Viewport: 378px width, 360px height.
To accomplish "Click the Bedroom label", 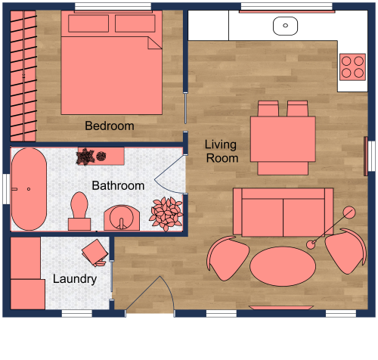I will [x=110, y=126].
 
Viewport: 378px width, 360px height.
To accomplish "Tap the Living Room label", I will [x=222, y=151].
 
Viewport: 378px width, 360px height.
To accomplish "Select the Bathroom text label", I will [x=118, y=185].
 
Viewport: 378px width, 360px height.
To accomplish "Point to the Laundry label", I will [x=75, y=279].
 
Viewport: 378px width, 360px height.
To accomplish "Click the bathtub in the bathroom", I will [x=29, y=190].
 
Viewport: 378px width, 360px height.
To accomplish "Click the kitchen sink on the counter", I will [x=286, y=25].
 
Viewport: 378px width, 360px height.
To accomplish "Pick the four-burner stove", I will [x=352, y=67].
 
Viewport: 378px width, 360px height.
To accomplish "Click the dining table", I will [x=283, y=138].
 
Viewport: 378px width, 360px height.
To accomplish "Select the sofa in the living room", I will [x=283, y=212].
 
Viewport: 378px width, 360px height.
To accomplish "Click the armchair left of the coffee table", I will [x=228, y=256].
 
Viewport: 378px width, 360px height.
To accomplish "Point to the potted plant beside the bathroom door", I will [x=165, y=213].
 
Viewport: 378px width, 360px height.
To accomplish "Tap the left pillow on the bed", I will [x=88, y=23].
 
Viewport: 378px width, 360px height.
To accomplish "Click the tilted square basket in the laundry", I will [x=96, y=252].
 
